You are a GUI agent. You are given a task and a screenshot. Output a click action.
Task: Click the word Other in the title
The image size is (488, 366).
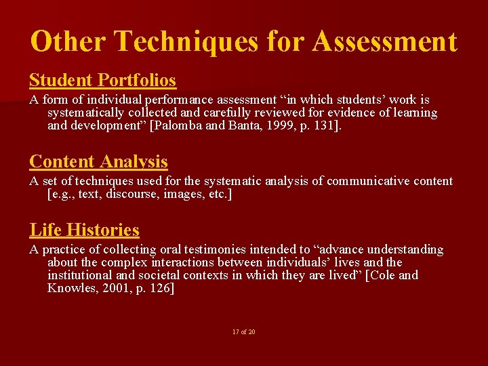click(67, 41)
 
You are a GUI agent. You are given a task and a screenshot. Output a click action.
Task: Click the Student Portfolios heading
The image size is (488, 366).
click(102, 80)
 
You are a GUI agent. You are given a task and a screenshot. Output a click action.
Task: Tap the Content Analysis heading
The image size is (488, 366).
click(98, 161)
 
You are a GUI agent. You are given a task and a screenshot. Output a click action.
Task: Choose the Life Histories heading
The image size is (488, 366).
click(84, 230)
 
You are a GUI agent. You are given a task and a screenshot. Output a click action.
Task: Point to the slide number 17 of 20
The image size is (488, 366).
click(243, 331)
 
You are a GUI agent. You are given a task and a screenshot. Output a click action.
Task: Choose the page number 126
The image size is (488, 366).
click(163, 289)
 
